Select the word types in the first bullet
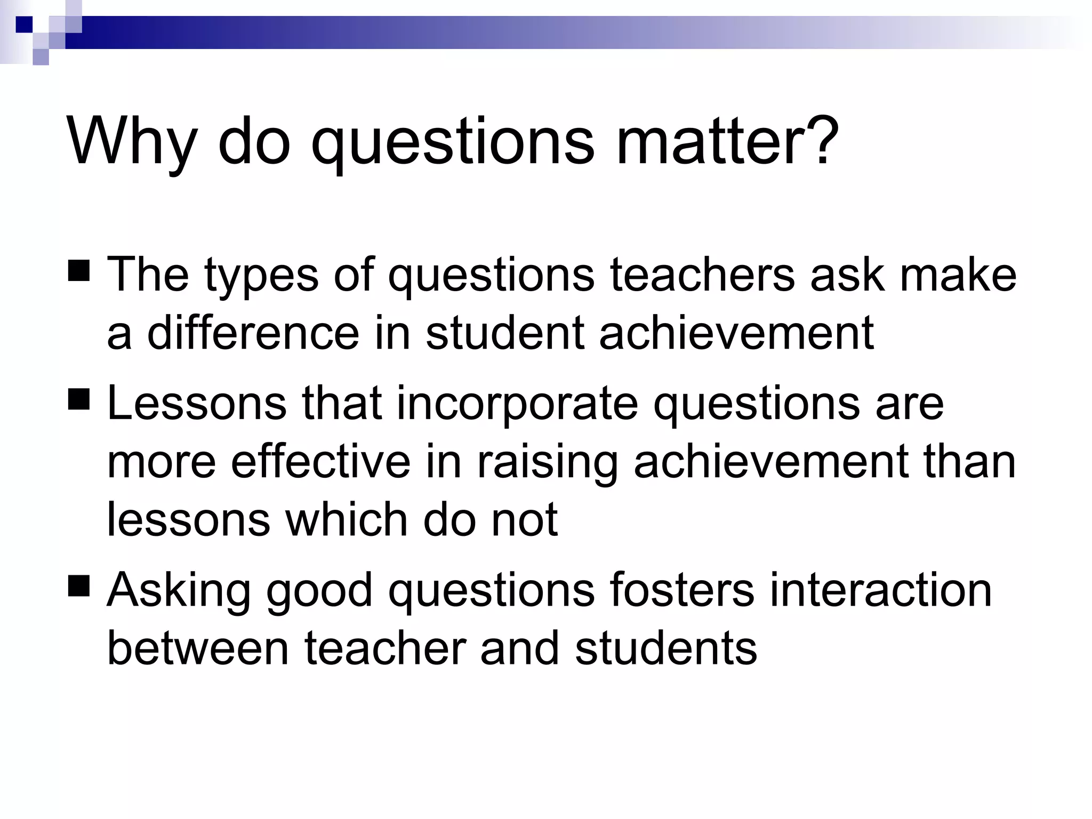[x=261, y=276]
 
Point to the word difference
[x=253, y=333]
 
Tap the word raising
[x=547, y=463]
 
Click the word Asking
[x=179, y=591]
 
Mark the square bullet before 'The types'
[x=79, y=270]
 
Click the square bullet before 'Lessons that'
[x=79, y=398]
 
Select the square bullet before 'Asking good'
[x=79, y=584]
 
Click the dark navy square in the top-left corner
[x=24, y=25]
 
